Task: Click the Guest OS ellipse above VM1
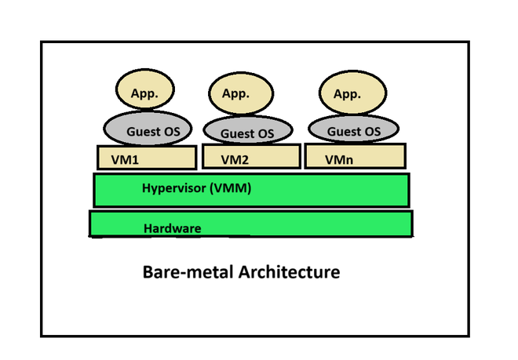point(148,130)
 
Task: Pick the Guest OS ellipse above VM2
point(247,132)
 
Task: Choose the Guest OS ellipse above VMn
point(354,129)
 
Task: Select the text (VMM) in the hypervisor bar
point(232,188)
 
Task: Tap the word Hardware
point(173,228)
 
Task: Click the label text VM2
point(235,159)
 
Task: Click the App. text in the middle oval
point(235,94)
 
